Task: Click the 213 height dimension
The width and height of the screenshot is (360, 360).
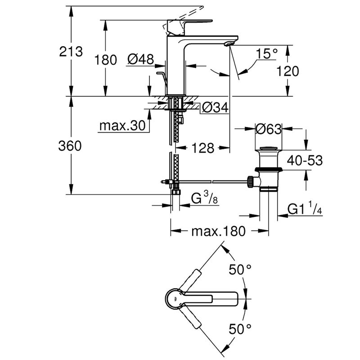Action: (x=72, y=52)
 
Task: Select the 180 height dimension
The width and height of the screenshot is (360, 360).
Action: (x=106, y=59)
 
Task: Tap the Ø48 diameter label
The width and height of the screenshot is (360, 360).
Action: (x=140, y=59)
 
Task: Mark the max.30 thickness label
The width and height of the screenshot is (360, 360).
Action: (x=124, y=126)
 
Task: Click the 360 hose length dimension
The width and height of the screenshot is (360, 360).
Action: (x=72, y=146)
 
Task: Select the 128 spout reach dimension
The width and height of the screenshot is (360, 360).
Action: (x=202, y=148)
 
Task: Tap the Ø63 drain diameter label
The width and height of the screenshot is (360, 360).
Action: (x=268, y=129)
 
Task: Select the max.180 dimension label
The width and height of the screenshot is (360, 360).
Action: (x=218, y=231)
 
